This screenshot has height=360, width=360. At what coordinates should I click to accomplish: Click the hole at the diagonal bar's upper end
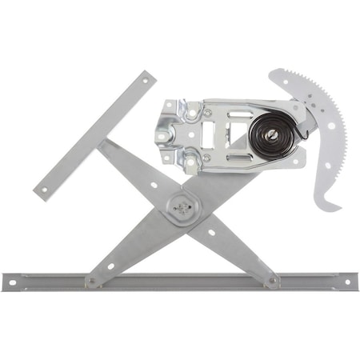146,77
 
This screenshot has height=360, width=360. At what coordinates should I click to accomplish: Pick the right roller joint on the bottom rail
274,280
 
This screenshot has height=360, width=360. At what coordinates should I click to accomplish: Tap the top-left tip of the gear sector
271,75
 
